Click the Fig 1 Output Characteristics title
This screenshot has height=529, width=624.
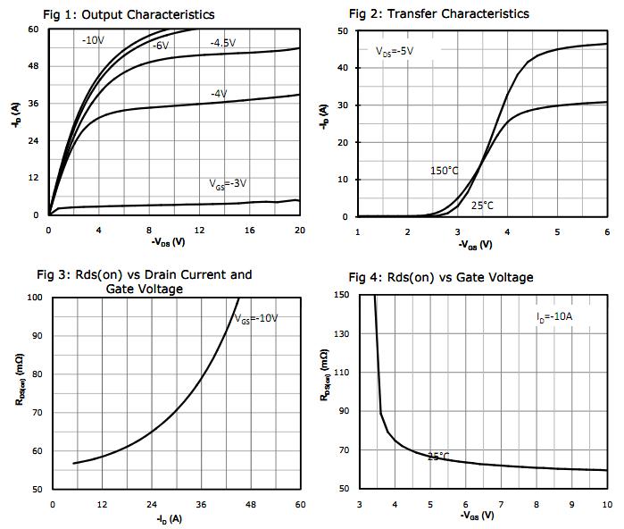pos(129,14)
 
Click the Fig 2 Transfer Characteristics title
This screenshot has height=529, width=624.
pos(438,13)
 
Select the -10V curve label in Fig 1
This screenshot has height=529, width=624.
pos(94,39)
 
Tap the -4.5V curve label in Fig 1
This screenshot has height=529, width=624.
pos(223,43)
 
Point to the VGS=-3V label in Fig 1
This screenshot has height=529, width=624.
pos(228,184)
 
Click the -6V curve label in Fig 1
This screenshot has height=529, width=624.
pos(160,45)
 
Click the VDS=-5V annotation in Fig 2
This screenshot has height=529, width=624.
pos(393,52)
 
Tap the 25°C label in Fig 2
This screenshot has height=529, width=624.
pos(482,206)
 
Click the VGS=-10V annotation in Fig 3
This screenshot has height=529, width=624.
pos(255,318)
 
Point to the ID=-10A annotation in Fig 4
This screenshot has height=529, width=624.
pos(555,316)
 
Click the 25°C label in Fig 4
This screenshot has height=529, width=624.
pos(438,456)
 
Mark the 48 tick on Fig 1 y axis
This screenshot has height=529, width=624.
pos(33,66)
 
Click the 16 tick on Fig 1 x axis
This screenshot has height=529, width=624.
pos(249,231)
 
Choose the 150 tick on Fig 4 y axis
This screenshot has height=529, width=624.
pos(341,295)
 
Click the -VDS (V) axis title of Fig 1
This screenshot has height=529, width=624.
pos(168,243)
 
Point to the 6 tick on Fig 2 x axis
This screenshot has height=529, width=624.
pos(606,232)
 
